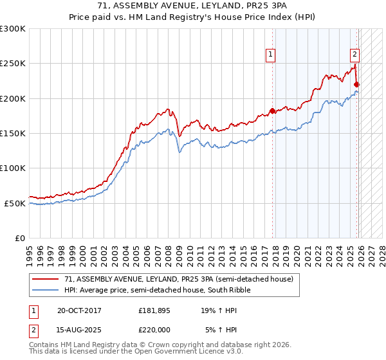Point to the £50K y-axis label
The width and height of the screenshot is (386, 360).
(x=15, y=203)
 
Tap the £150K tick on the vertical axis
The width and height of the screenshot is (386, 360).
(x=13, y=134)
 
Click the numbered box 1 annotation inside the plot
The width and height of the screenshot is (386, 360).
(x=271, y=56)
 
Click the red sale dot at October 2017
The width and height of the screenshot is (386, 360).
(x=272, y=111)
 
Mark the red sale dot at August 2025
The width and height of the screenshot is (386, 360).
(x=357, y=84)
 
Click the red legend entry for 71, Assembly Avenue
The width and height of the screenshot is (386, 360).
(x=179, y=279)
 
